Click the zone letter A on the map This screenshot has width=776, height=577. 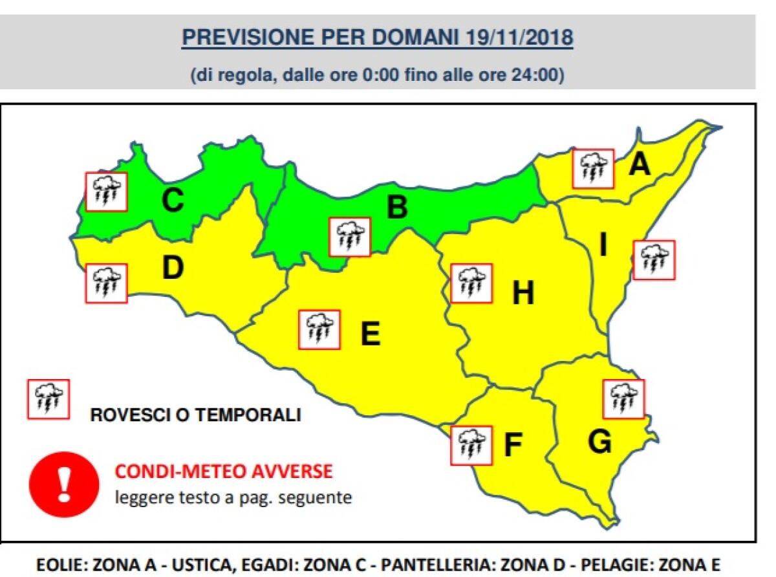pos(639,165)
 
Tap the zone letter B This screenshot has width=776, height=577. pos(397,208)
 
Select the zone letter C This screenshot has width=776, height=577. pos(173,201)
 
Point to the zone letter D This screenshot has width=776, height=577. pos(173,268)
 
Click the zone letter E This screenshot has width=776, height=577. pos(369,334)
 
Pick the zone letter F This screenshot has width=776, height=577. pos(512,445)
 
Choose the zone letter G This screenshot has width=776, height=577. pos(599,442)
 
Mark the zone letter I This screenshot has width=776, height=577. pos(603,246)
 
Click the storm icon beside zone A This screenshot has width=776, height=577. pos(593,168)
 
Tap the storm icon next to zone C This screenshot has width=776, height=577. pos(107,191)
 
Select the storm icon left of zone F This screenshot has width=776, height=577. pos(471,445)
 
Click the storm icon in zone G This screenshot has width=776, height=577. pos(623,398)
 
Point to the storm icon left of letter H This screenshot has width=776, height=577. pos(471,283)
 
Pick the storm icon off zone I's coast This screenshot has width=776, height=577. pos(653,259)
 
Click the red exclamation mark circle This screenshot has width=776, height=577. pos(64,484)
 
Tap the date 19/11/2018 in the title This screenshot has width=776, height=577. pos(519,38)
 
